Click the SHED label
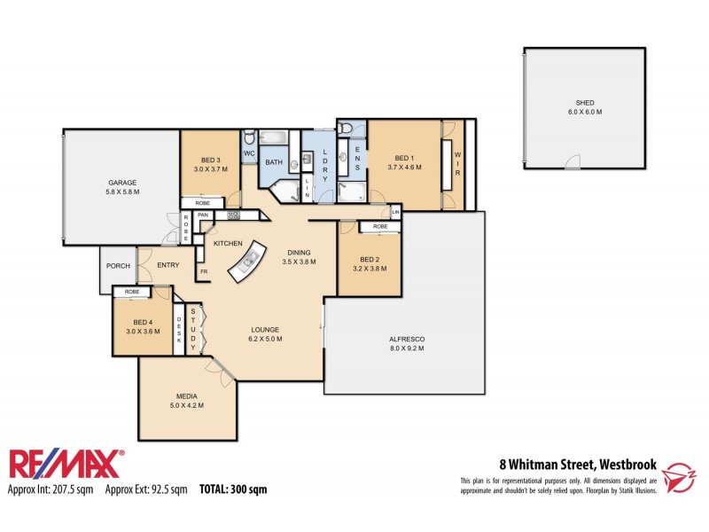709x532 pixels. (584, 103)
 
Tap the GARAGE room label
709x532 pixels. (122, 183)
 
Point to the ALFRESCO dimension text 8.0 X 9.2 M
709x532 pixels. (407, 348)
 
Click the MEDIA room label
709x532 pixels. (186, 396)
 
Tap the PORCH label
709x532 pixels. (118, 266)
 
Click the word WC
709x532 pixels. (249, 153)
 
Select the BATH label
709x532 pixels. (274, 162)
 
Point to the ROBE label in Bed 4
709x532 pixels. (131, 292)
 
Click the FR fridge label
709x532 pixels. (203, 271)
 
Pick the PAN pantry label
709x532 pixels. (203, 215)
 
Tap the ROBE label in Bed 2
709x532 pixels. (379, 227)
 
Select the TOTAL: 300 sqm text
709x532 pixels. (232, 489)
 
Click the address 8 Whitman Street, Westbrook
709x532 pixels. (577, 463)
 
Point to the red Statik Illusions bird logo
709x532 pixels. (681, 475)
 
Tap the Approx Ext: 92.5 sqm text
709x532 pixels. (146, 489)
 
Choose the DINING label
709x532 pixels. (299, 253)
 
